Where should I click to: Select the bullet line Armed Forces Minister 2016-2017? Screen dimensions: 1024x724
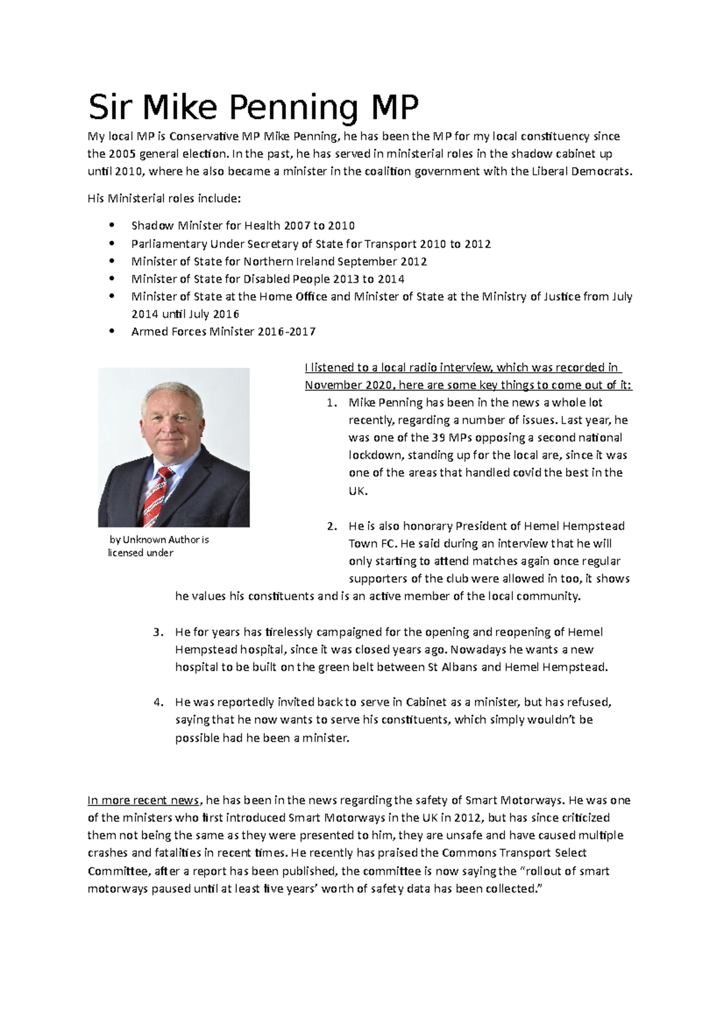(223, 332)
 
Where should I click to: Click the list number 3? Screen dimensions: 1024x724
(157, 633)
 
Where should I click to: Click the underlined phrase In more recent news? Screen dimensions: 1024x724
(143, 801)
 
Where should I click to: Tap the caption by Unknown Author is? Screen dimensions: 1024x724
(159, 540)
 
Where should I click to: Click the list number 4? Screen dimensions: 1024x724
(157, 703)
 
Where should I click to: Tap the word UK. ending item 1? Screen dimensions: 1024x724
(357, 491)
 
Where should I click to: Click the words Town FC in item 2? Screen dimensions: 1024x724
(370, 543)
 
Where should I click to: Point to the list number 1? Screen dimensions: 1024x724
(331, 403)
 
